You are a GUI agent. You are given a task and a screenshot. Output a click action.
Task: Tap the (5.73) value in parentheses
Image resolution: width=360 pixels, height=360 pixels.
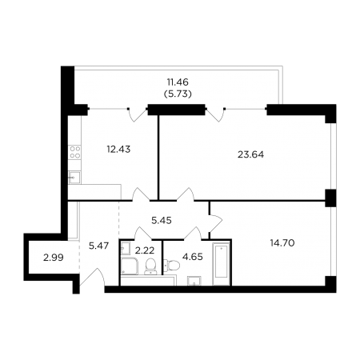pos(178,94)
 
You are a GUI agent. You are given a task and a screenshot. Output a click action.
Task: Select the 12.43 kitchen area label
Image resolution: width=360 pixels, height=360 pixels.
pos(118,150)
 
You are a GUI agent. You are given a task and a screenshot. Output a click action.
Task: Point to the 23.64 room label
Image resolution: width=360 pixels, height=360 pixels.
pos(250,154)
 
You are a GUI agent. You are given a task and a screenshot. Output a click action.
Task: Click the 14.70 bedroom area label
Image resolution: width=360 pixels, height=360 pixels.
pos(282,243)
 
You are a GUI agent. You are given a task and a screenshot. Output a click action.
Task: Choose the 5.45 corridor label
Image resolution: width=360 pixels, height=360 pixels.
pos(162,221)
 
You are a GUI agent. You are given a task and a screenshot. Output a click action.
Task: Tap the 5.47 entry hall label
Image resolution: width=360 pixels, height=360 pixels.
pos(98,246)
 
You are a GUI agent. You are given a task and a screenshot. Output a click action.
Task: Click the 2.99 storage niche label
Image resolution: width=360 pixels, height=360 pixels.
pos(54,258)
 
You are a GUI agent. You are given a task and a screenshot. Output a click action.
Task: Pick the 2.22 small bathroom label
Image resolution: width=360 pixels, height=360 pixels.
pos(145,250)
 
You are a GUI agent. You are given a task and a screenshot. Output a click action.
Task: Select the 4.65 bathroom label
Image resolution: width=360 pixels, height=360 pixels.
pos(193,257)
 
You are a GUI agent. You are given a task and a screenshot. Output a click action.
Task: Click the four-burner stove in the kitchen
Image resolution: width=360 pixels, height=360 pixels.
pos(74,152)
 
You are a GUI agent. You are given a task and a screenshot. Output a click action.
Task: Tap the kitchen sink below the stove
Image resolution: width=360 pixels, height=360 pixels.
pos(74,178)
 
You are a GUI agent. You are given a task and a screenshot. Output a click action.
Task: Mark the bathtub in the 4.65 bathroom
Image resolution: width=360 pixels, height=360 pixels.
pos(222,263)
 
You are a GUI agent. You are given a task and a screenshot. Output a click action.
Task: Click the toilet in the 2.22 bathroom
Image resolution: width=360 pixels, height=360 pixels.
pos(151,266)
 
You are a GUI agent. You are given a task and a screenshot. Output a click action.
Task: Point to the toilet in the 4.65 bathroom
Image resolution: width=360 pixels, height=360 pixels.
pos(172,265)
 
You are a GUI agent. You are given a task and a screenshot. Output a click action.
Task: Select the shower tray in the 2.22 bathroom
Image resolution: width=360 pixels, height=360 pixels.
pos(130,266)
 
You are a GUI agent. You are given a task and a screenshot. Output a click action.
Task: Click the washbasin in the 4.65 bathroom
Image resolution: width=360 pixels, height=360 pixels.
pos(194,281)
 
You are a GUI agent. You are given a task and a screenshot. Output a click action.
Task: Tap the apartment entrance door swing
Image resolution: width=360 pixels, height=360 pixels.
pos(94,278)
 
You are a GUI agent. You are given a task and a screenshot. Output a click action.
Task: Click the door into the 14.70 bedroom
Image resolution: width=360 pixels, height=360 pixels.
pos(215,223)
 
